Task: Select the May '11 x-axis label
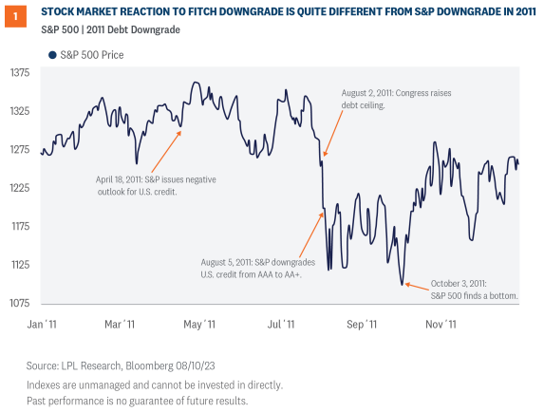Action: (x=198, y=325)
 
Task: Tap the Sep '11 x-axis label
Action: (x=362, y=325)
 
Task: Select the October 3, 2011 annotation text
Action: (x=472, y=289)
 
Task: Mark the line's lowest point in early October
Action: (x=403, y=283)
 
